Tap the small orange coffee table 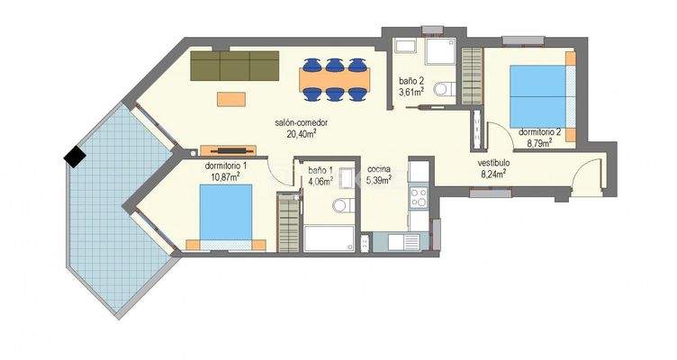[230, 97]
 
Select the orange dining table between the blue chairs [334, 78]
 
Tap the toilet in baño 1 [339, 207]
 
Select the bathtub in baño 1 [330, 238]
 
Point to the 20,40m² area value [302, 134]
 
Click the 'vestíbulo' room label [493, 163]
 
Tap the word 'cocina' [378, 169]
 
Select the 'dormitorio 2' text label [539, 132]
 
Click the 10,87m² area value [223, 177]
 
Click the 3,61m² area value [412, 91]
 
